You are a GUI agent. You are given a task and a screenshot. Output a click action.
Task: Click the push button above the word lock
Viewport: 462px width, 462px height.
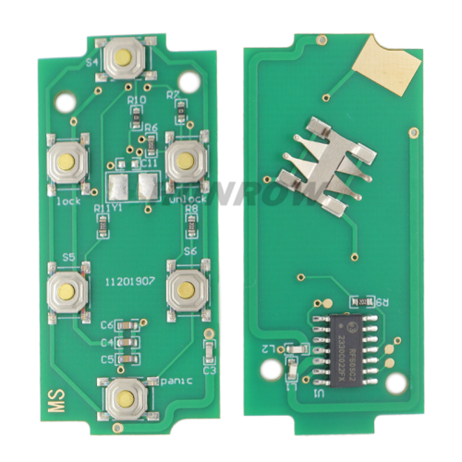point(67,163)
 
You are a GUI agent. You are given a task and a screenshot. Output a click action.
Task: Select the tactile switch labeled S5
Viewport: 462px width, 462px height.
point(68,290)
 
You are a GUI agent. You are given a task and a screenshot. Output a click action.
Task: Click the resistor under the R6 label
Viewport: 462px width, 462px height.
point(151,141)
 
